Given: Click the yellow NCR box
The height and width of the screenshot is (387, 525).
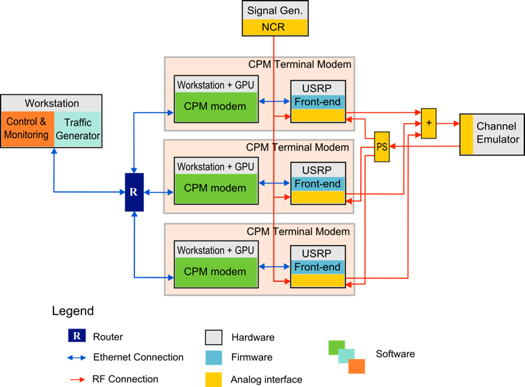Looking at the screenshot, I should coord(275,27).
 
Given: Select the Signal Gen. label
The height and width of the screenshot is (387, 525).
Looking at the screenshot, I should coord(275,11).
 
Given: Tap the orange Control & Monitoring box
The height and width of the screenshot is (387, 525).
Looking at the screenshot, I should coord(27,128).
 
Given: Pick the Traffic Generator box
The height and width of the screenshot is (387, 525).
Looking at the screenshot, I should coord(78,128).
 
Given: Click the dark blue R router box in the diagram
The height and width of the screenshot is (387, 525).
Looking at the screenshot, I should coord(134,192).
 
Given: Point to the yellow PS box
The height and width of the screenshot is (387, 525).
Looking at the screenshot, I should coord(383,147).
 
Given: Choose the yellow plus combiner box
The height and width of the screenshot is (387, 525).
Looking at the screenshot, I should coord(428,123).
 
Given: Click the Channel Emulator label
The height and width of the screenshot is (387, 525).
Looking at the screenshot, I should coord(497,132).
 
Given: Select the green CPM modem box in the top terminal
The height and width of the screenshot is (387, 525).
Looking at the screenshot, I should coord(214,107).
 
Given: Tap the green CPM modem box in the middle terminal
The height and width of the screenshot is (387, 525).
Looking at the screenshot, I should coord(214,189).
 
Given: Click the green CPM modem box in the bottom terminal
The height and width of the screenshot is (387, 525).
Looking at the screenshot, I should coord(214,272).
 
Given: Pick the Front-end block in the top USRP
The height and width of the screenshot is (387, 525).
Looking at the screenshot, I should coord(317,102).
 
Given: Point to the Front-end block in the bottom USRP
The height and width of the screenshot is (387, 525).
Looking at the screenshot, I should coord(317,267).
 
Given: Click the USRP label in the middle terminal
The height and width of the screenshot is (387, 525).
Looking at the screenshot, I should coord(317,170).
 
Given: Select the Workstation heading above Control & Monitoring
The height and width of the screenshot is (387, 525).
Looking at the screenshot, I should coord(52,103).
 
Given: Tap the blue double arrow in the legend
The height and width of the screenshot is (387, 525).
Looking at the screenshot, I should coord(77,358).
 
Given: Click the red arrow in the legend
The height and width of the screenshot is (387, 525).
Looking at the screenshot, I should coord(77,380).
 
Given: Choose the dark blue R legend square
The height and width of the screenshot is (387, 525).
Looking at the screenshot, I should coord(77,335).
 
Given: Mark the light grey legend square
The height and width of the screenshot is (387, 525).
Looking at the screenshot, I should coord(214,337).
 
